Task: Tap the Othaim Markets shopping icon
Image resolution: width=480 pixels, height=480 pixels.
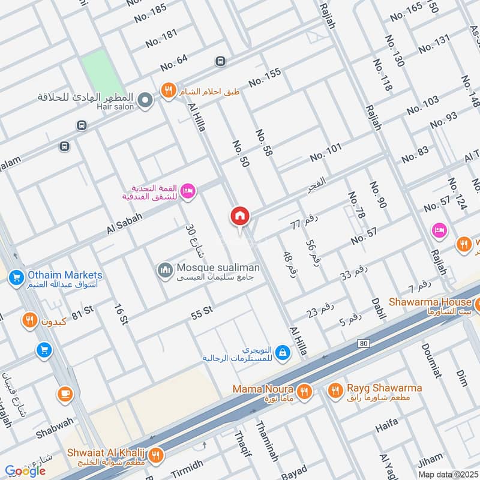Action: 16,277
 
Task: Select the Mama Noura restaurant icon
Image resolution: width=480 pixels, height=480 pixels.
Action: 304,392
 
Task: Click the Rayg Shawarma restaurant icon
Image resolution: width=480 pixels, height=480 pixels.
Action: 335,392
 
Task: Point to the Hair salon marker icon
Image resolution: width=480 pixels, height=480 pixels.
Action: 145,101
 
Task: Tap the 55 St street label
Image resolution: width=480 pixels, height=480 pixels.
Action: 202,310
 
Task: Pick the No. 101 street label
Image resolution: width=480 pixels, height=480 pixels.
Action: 325,152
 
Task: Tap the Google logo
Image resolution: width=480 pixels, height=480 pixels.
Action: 25,471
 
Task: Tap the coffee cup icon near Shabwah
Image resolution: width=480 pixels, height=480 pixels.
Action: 64,394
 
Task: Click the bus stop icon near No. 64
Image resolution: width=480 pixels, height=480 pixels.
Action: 220,61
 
